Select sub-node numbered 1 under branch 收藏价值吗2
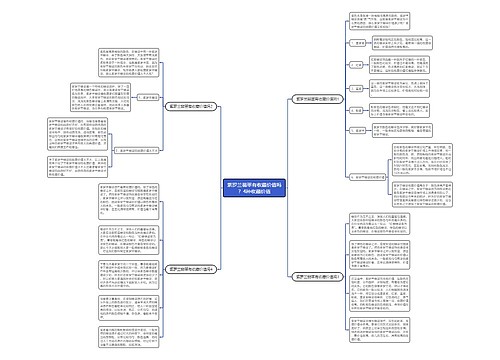tap(145, 98)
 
